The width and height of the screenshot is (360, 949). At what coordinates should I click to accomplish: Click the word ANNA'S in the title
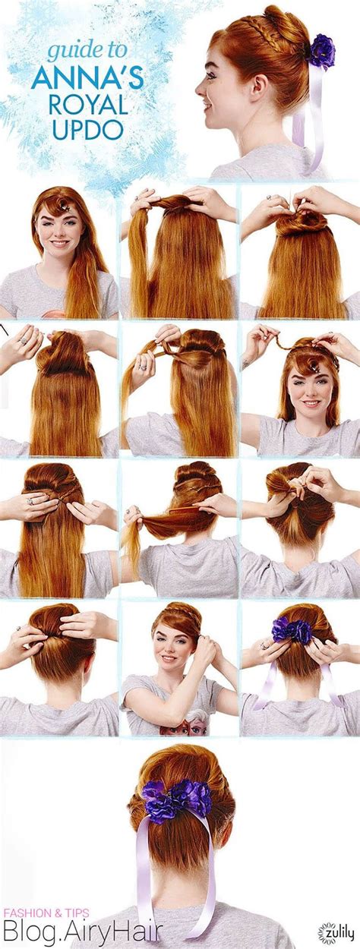point(87,77)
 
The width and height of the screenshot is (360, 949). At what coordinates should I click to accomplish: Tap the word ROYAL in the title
point(88,105)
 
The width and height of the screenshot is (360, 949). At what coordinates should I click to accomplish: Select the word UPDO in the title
point(88,128)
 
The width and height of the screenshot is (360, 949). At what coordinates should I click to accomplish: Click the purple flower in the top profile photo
point(323,49)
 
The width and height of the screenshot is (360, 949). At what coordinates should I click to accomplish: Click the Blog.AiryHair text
point(83,932)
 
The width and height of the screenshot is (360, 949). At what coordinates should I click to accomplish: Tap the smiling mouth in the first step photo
point(59,244)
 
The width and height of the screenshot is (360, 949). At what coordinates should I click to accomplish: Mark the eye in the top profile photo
point(210,75)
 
